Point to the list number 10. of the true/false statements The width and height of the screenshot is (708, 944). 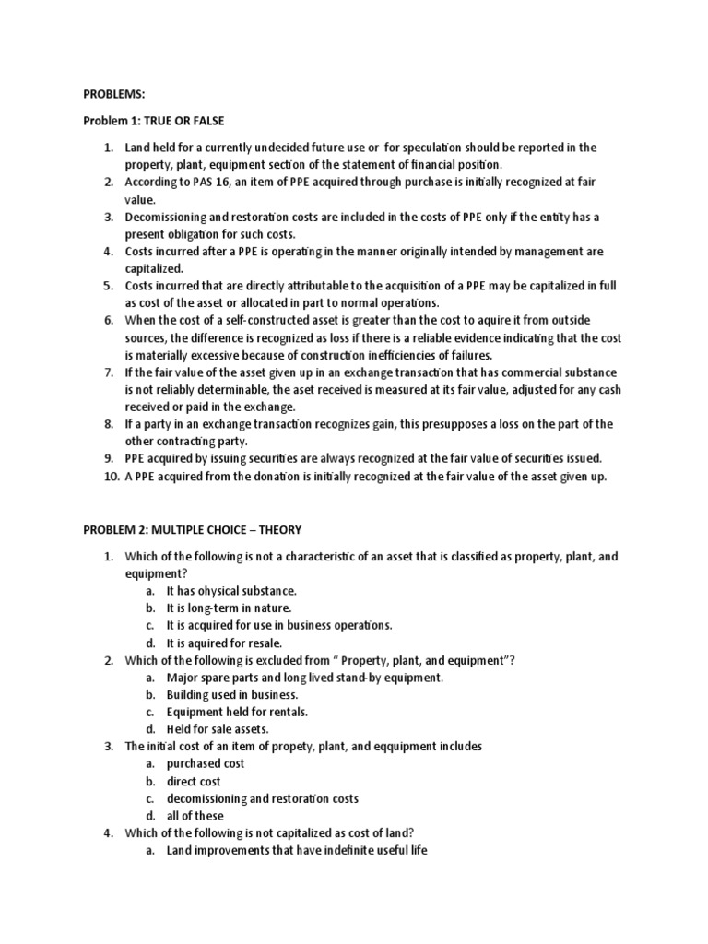point(111,477)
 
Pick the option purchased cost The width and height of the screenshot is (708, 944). point(205,763)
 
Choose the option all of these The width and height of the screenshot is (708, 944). point(195,816)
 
